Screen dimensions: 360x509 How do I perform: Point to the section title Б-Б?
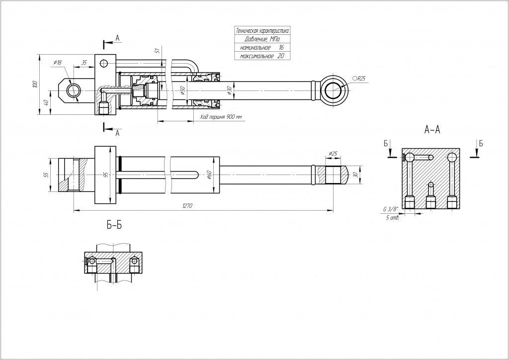pos(114,226)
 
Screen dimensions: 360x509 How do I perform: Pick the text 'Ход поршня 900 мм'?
pos(221,117)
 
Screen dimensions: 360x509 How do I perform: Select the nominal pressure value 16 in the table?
pos(281,48)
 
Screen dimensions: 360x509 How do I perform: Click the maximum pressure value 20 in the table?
pos(280,57)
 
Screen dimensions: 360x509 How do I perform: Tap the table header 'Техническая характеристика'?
pos(261,31)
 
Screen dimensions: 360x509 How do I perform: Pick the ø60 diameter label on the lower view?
pos(209,174)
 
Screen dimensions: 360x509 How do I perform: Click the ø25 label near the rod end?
pos(333,154)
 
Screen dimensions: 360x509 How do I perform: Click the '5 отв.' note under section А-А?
pos(392,218)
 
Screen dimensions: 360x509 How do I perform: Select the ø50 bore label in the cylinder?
pos(182,91)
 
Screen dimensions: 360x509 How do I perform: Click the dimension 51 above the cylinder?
pos(157,51)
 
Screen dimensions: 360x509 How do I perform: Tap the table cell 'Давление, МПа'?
pos(261,39)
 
